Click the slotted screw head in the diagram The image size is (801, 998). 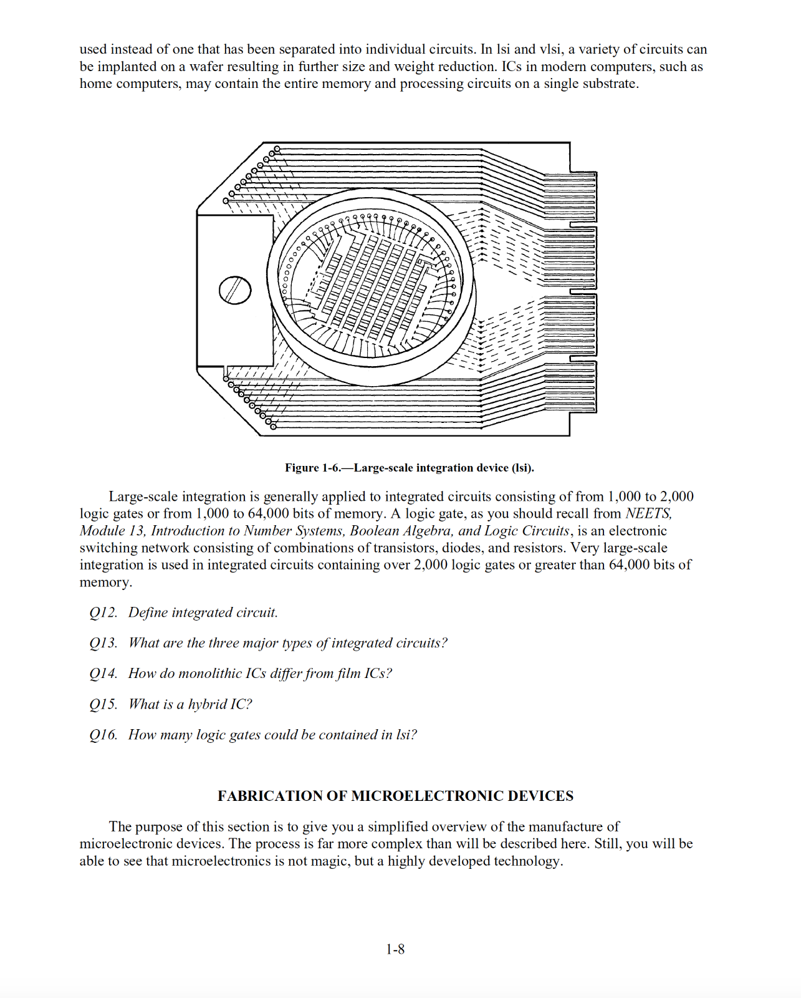click(x=235, y=291)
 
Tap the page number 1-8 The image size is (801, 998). click(x=395, y=949)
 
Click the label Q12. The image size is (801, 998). click(x=103, y=613)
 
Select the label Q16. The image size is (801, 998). click(x=103, y=735)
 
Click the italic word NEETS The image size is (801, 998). click(x=648, y=513)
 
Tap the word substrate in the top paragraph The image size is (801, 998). click(x=610, y=84)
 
